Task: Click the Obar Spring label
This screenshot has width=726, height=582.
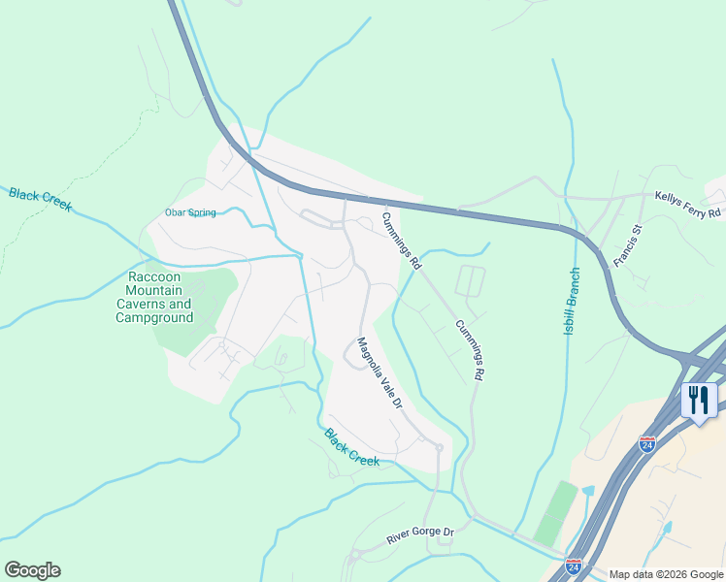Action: tap(190, 212)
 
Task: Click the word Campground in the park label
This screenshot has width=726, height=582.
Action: tap(161, 317)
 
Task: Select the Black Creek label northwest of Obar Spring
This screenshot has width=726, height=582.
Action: tap(40, 201)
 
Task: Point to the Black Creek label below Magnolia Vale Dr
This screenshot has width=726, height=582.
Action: tap(351, 447)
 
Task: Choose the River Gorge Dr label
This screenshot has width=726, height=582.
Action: tap(420, 533)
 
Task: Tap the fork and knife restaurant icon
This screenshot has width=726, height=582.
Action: tap(698, 400)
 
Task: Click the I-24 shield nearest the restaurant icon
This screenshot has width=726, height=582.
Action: tap(647, 444)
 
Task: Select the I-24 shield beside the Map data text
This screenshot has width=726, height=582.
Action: tap(574, 564)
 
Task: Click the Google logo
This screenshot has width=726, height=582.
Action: tap(32, 570)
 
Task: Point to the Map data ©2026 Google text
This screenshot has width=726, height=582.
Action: tap(665, 573)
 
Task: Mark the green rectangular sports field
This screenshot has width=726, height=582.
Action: tap(554, 512)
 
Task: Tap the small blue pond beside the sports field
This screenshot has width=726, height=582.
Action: tap(587, 491)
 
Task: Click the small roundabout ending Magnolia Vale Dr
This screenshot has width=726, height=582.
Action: tap(439, 447)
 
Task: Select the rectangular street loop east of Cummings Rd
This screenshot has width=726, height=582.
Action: tap(470, 281)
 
